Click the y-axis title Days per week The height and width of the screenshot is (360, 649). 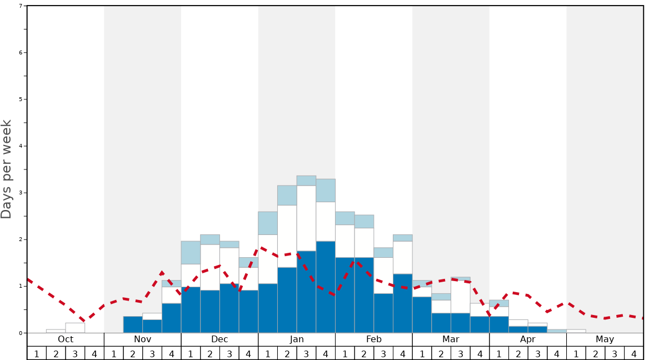7,169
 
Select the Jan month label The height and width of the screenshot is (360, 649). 297,339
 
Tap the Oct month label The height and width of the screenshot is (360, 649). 66,339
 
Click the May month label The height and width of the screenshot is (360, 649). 605,339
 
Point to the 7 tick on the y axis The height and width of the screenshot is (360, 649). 21,6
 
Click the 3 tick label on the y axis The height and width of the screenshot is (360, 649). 21,193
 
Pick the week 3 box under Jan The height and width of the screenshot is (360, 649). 306,353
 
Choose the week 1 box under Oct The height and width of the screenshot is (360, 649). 37,353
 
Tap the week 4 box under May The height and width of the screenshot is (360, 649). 633,353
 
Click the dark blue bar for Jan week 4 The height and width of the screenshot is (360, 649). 326,287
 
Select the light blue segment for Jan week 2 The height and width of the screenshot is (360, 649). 287,195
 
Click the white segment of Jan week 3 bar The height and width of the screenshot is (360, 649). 306,218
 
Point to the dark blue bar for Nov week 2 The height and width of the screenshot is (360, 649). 133,324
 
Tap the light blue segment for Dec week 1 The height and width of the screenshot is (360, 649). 191,252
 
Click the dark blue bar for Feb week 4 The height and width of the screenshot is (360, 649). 402,303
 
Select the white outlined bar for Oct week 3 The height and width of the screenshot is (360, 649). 75,328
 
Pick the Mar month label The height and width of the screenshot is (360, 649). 451,339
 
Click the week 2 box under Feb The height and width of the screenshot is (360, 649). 364,353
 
